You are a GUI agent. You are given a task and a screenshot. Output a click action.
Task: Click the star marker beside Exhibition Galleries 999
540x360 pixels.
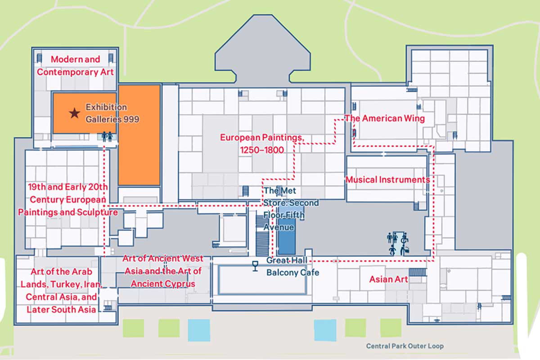click(74, 113)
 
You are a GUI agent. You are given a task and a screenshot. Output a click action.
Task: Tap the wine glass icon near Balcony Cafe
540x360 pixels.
click(255, 266)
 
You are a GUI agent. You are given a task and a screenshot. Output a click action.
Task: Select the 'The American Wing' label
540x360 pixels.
click(385, 118)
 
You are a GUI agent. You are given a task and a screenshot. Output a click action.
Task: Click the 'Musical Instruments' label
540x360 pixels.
click(387, 180)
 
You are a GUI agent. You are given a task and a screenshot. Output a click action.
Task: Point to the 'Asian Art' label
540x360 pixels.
click(388, 279)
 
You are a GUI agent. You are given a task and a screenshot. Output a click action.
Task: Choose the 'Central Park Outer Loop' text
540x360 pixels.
click(405, 346)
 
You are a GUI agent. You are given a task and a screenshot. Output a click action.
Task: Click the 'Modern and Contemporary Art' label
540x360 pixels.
click(75, 66)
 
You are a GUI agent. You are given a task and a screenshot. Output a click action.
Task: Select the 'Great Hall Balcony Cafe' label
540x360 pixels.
click(292, 266)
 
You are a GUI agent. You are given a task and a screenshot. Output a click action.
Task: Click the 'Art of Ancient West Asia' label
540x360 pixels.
click(163, 271)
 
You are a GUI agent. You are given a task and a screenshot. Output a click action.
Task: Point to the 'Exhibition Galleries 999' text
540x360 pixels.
click(112, 113)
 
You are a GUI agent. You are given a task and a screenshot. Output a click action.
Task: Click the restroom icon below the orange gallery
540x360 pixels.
click(107, 136)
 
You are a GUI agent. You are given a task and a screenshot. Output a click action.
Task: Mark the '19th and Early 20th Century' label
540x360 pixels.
click(67, 199)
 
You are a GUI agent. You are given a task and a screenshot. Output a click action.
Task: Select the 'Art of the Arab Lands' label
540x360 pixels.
click(61, 290)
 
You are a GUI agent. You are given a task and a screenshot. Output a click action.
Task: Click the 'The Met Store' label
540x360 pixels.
click(284, 209)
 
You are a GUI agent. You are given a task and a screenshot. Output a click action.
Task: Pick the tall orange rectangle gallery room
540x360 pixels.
click(139, 135)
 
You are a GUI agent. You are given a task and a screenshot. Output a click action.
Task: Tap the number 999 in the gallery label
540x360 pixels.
click(131, 119)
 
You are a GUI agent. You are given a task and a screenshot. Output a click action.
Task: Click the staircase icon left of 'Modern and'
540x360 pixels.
click(39, 58)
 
